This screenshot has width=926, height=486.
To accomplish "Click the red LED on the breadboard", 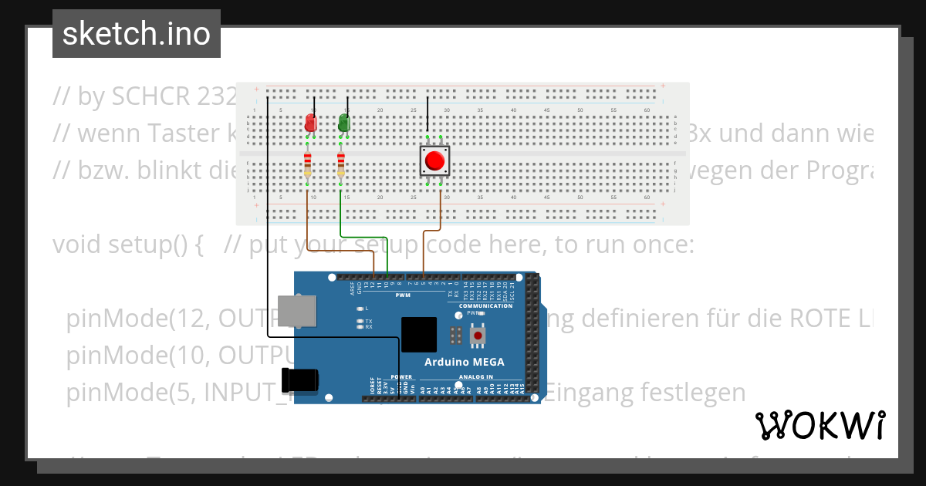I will point(310,123).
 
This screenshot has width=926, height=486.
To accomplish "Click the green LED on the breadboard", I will point(343,123).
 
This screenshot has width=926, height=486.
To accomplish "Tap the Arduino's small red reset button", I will point(478,336).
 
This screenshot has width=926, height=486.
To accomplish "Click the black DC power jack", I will point(300,380).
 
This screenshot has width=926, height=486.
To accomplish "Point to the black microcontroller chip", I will point(418,335).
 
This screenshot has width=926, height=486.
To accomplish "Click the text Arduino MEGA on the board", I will point(465,362).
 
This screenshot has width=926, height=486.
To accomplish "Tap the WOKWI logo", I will point(820,425).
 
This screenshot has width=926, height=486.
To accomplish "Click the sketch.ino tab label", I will point(137,34).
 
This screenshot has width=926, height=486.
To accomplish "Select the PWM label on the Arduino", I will point(403,295).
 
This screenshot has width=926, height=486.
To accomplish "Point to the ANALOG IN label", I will point(476,376).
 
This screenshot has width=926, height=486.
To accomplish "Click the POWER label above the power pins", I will point(402,376).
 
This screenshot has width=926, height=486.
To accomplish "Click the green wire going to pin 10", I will point(363,237).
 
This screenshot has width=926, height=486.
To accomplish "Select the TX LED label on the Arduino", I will point(369,321).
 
